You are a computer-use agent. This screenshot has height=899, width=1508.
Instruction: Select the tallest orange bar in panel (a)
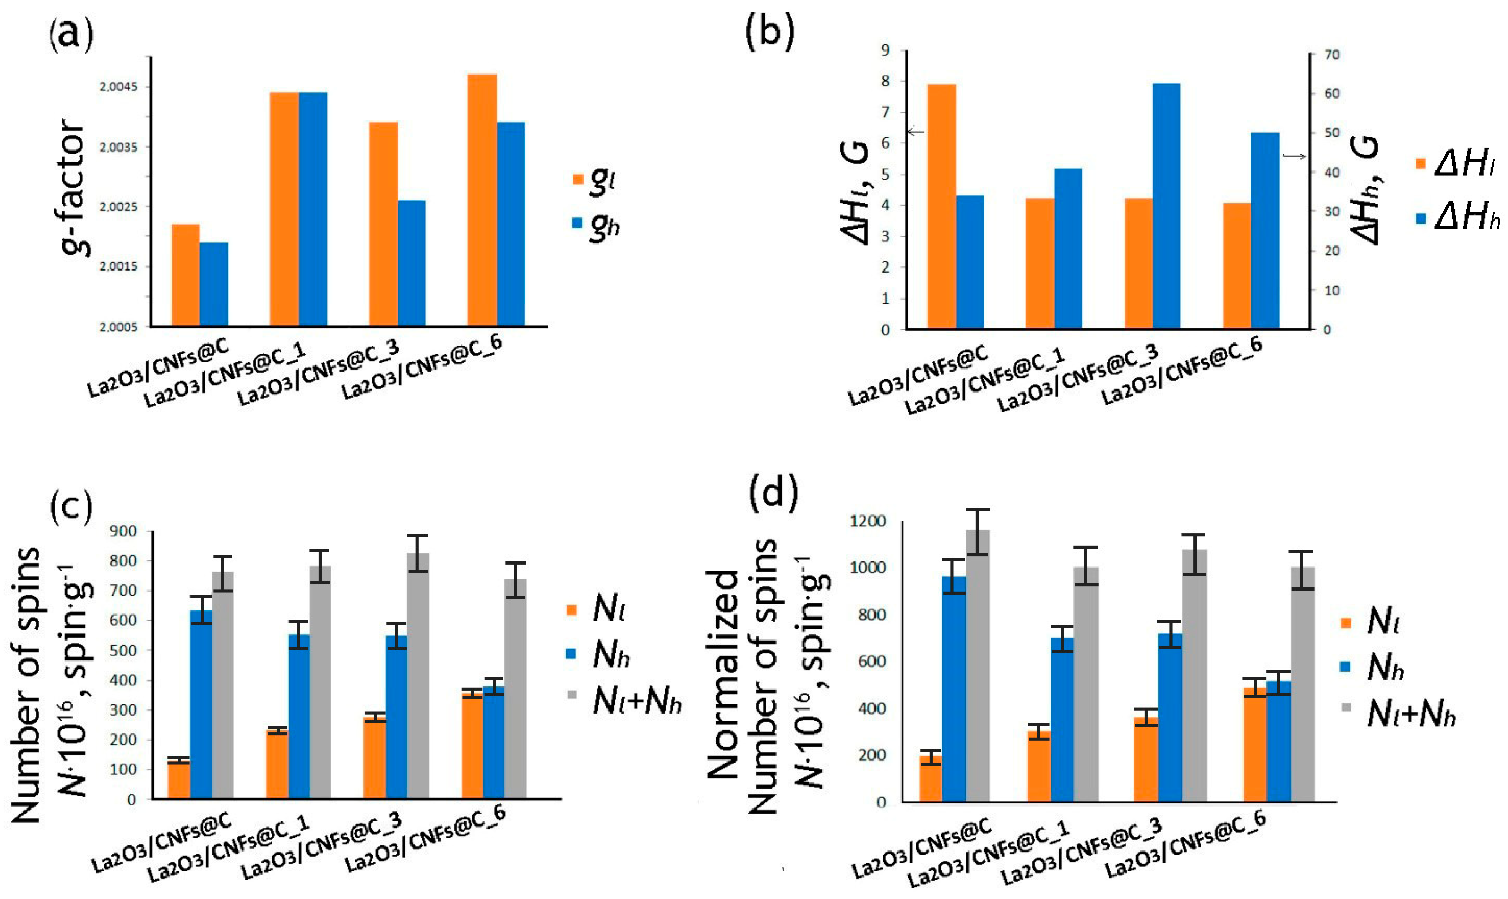click(482, 200)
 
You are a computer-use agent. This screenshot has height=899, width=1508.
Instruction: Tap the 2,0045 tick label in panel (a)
click(119, 87)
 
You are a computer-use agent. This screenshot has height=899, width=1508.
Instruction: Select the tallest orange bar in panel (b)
click(941, 206)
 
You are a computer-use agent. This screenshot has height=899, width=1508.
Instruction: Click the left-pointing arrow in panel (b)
click(915, 131)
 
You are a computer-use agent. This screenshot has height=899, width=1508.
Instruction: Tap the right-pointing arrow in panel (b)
click(1294, 156)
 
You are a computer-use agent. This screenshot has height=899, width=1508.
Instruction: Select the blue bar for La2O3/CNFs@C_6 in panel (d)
click(1278, 742)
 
